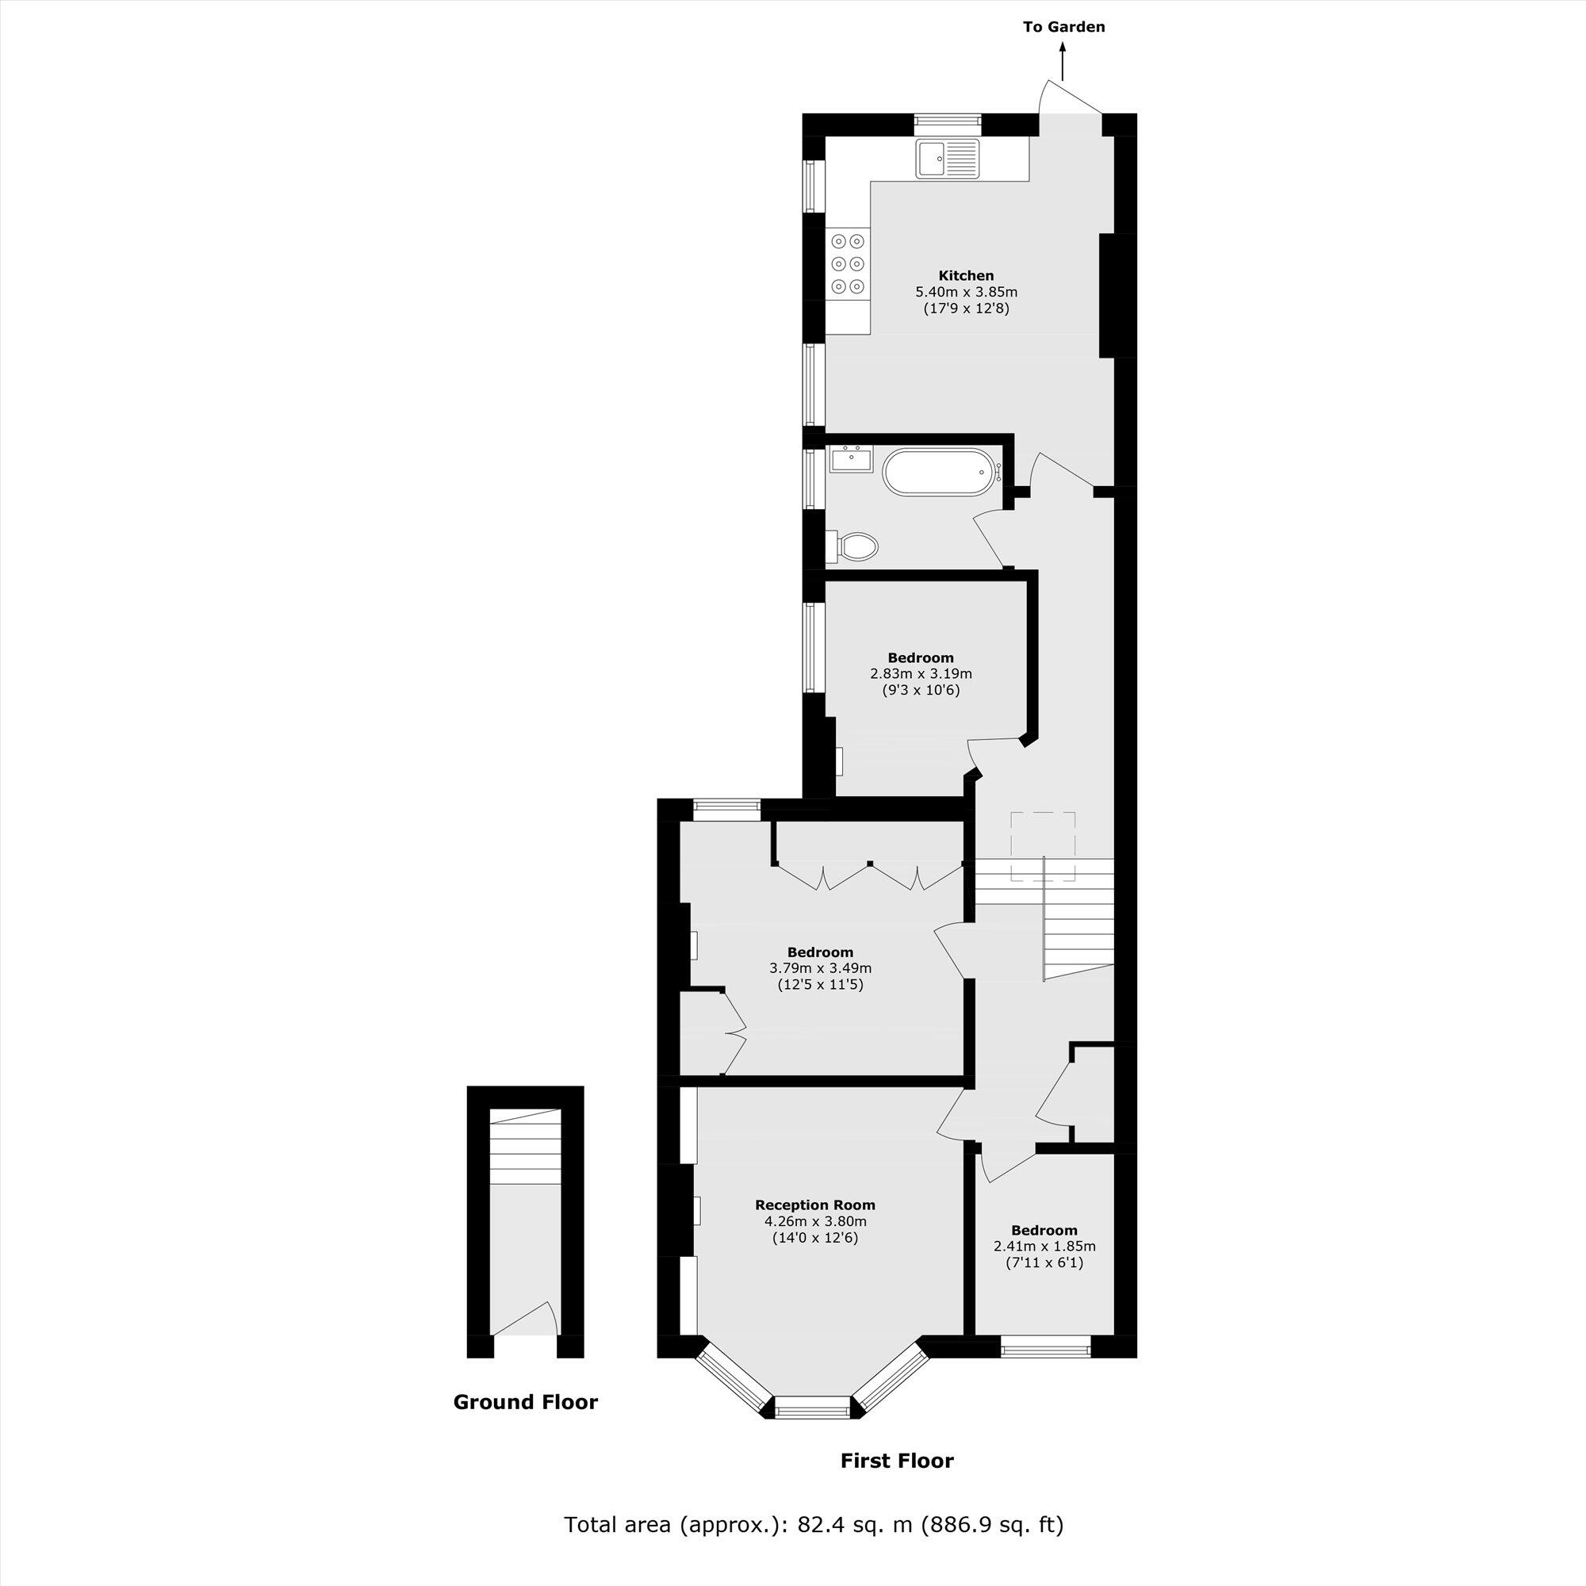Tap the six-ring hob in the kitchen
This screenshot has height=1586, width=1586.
(847, 263)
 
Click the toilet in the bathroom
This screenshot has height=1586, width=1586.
(855, 545)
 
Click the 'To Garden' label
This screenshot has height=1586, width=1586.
(1063, 27)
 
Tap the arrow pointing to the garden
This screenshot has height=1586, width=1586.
(1063, 63)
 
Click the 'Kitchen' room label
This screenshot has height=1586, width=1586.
(966, 276)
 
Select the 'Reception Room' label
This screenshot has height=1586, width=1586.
(814, 1205)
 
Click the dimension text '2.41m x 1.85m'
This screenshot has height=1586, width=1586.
(1044, 1246)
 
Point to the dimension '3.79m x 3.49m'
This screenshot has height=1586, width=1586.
(819, 969)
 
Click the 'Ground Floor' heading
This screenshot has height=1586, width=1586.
(526, 1402)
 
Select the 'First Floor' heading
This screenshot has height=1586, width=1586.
(896, 1461)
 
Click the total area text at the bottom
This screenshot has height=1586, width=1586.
(814, 1525)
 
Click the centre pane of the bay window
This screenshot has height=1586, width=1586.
(814, 1412)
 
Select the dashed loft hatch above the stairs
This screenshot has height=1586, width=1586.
(1043, 846)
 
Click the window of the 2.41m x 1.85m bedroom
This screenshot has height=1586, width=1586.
(1045, 1347)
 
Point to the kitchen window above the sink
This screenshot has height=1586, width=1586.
(948, 124)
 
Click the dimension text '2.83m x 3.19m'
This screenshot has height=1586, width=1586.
(920, 674)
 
